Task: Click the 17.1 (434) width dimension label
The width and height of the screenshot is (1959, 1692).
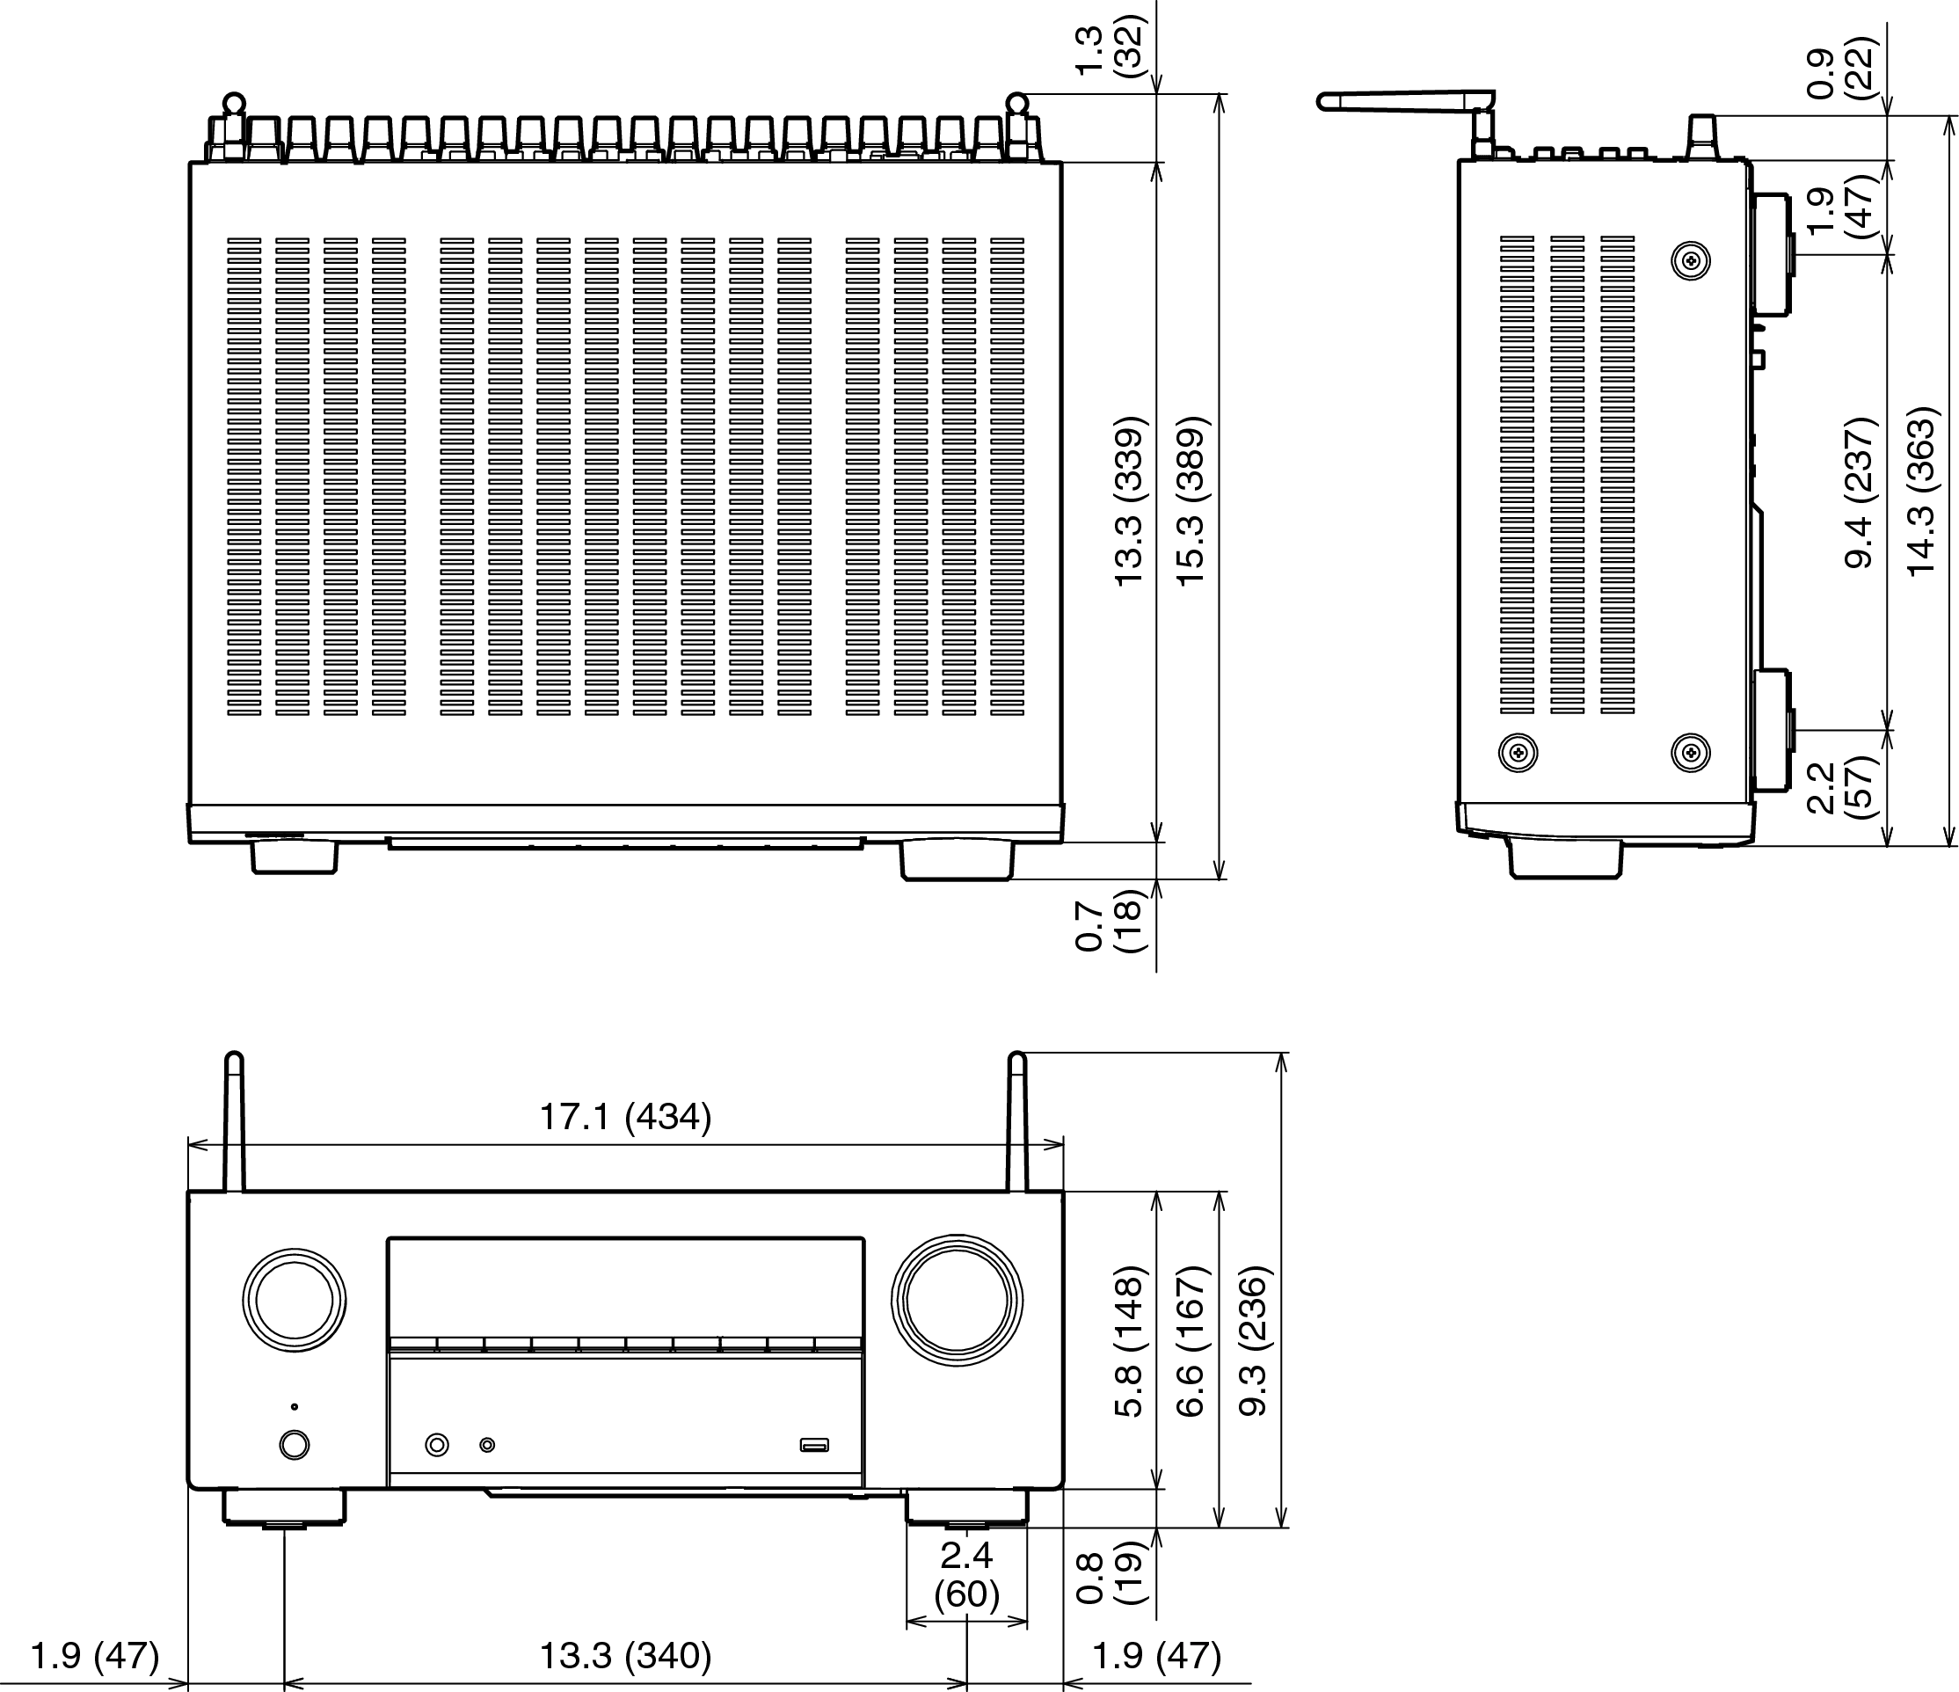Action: coord(625,1117)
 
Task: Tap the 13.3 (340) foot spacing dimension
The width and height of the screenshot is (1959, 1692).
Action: coord(625,1655)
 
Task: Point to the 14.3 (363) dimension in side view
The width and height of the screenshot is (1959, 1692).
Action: coord(1921,491)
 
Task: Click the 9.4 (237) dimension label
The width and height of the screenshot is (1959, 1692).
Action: coord(1859,492)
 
